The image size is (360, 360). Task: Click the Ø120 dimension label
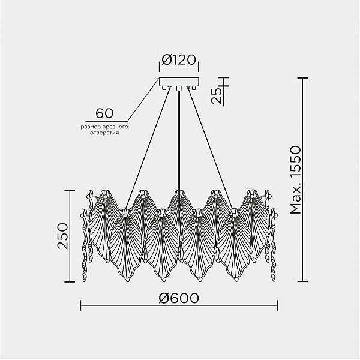(x=179, y=59)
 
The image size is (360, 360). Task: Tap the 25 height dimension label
(x=217, y=95)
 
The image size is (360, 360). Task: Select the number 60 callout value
(x=104, y=113)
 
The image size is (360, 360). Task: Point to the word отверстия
(x=104, y=133)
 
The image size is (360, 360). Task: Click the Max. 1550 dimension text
(x=295, y=179)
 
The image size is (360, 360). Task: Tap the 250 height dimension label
(x=62, y=236)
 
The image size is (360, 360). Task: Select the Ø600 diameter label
(x=179, y=298)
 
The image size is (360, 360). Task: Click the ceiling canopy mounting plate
(x=179, y=82)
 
